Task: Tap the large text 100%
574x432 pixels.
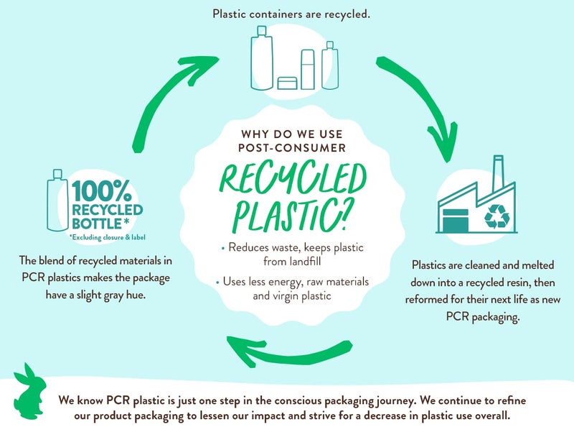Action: (101, 191)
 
